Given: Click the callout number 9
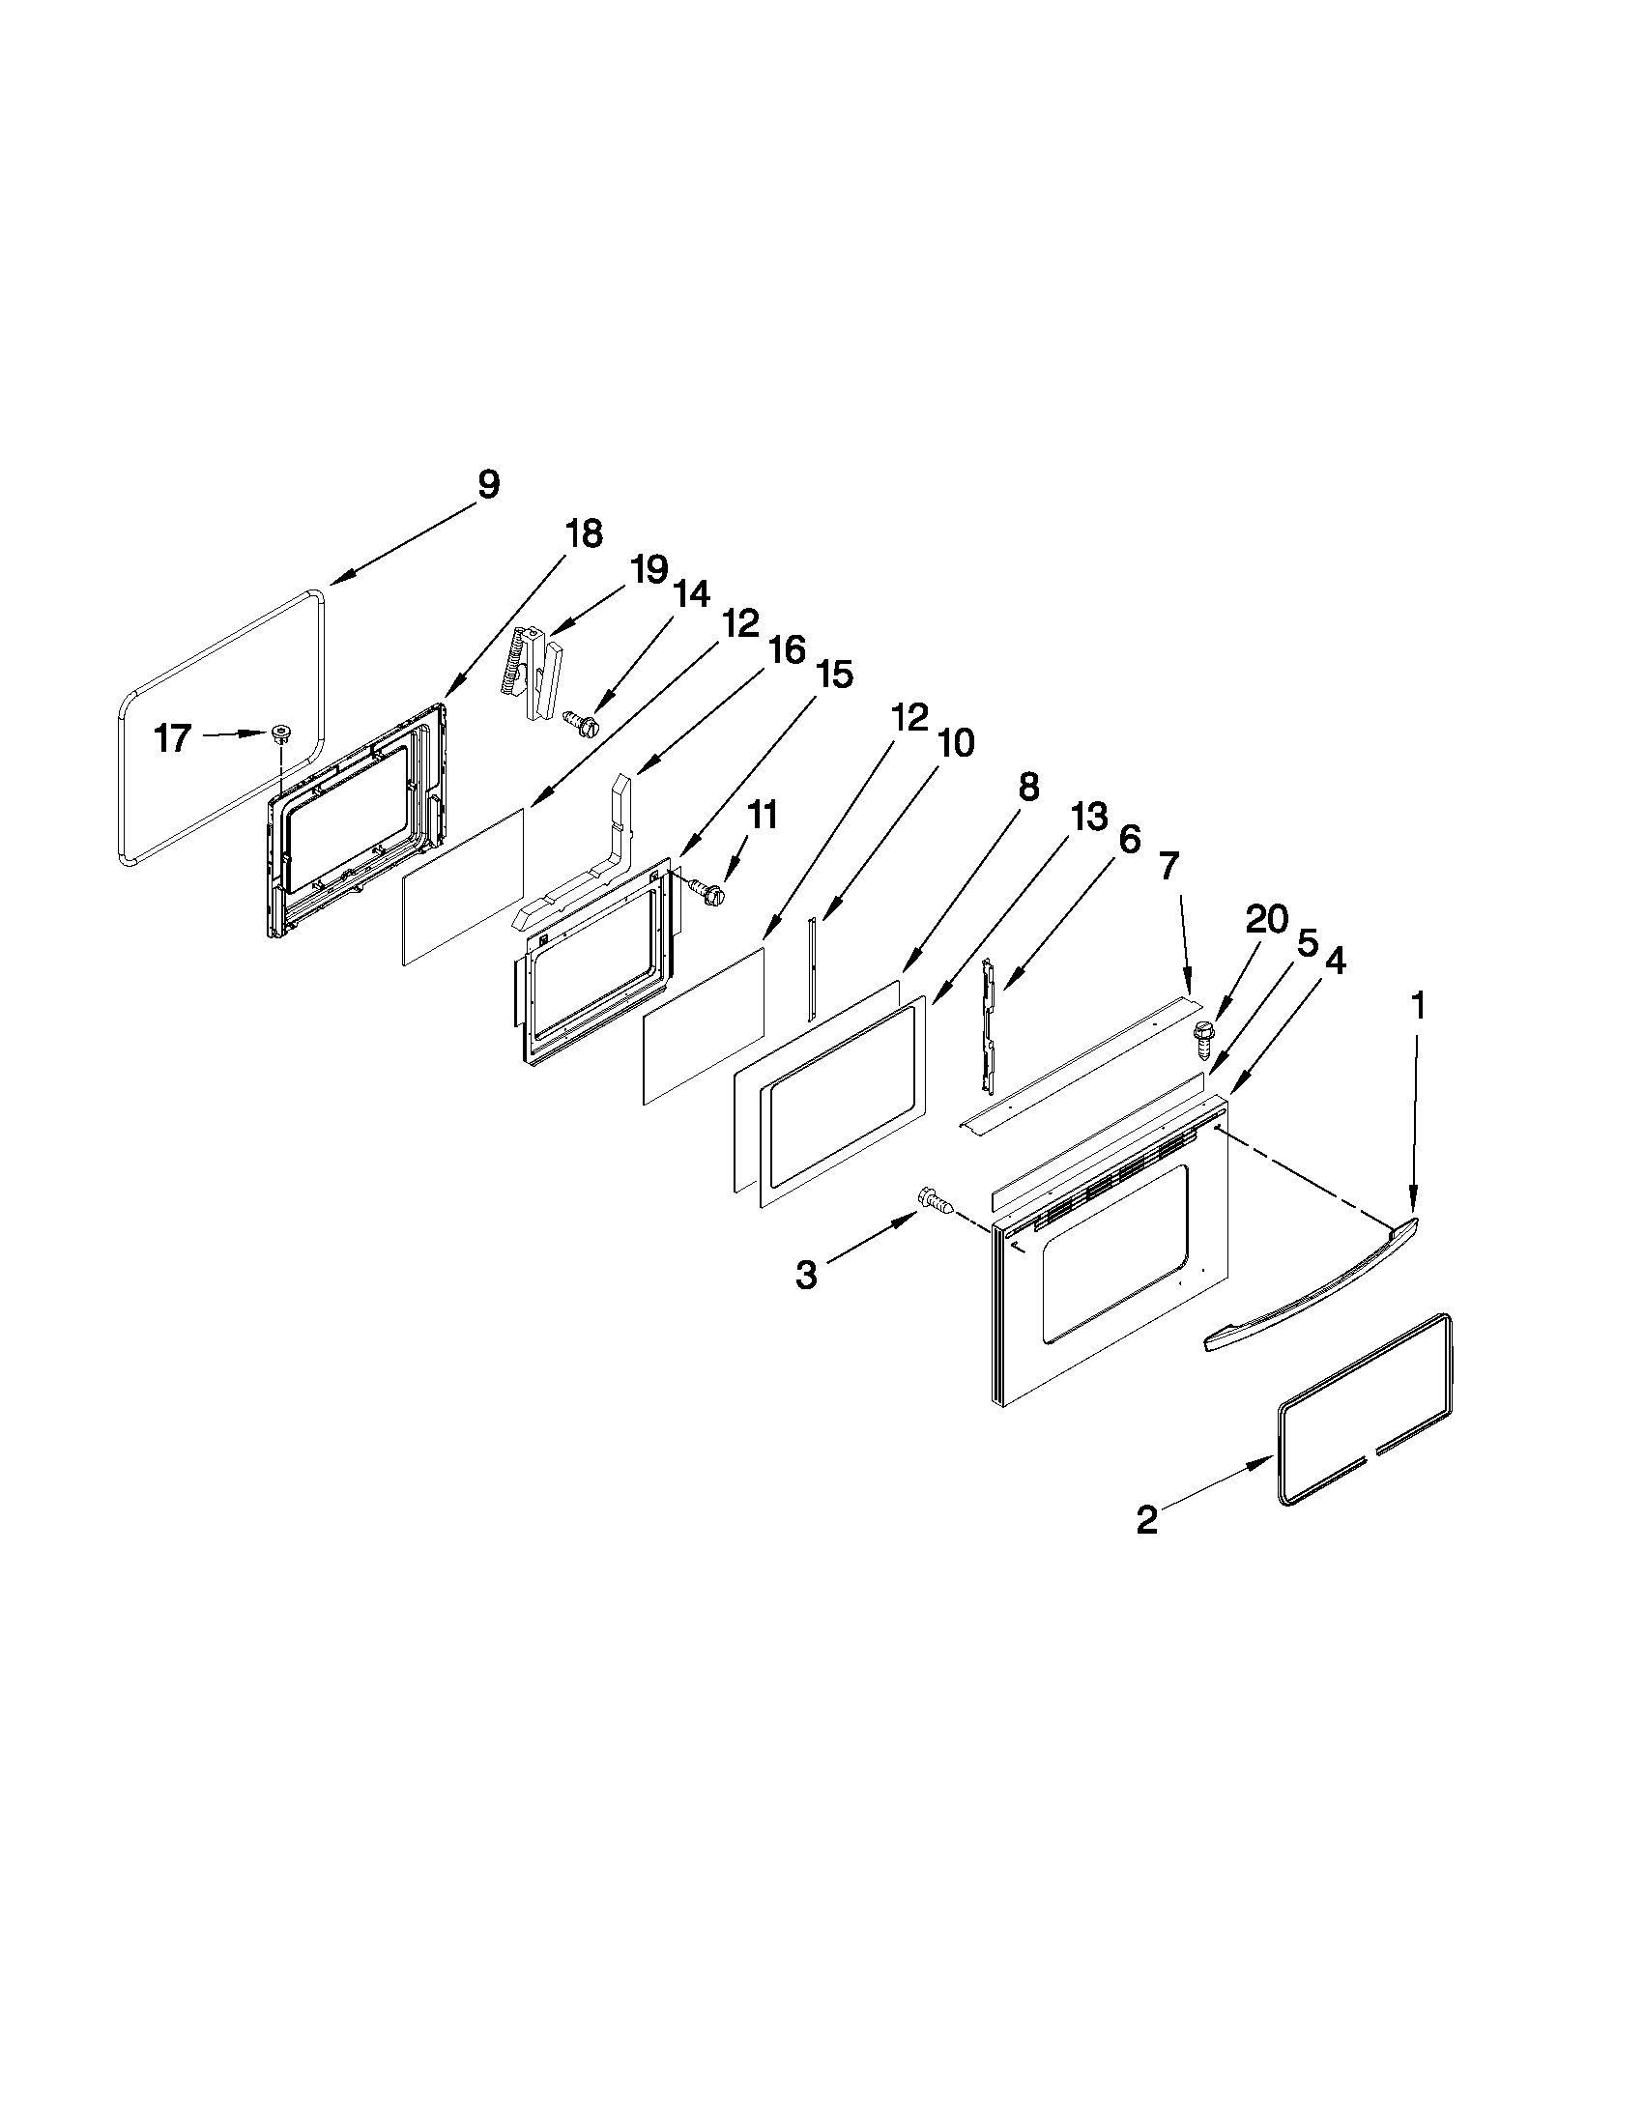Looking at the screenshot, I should (488, 484).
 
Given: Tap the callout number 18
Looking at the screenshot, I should (584, 533).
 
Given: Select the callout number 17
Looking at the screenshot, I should (173, 738).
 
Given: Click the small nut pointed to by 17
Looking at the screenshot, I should (282, 733).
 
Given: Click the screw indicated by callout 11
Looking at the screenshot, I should (708, 888).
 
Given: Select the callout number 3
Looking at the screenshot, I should (806, 1275).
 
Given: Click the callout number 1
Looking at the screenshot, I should (1419, 1006).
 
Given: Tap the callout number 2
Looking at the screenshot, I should (1148, 1520).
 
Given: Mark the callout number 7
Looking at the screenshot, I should (1168, 865).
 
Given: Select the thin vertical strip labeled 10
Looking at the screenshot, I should (813, 969).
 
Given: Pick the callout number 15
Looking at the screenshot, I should (835, 673).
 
